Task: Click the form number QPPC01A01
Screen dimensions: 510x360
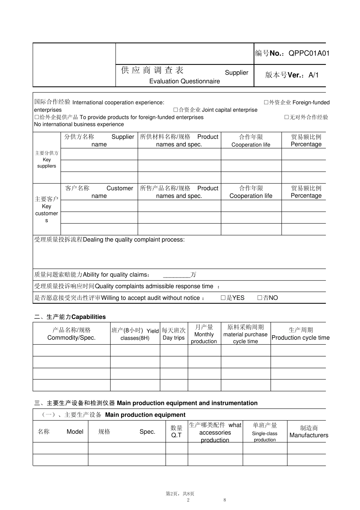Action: coord(309,53)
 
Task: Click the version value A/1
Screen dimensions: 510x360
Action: coord(313,75)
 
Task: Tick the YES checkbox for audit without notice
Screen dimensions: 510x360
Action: coord(223,298)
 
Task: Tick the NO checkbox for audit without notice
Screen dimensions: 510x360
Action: coord(260,298)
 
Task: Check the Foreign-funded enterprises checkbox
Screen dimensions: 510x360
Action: coord(266,102)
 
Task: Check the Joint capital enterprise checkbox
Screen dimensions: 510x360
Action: coord(175,110)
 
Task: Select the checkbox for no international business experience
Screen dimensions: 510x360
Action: coord(286,117)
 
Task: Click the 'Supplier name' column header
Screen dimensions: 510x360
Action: coord(99,140)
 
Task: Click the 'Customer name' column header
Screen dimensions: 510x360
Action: coord(99,192)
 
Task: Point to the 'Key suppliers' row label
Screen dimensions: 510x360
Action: coord(47,159)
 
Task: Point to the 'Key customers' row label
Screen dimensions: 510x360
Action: coord(47,210)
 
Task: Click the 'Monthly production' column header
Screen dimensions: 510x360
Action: coord(204,334)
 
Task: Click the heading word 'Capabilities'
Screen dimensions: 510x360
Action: coord(89,317)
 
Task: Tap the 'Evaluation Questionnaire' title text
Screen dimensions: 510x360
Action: coord(185,81)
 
